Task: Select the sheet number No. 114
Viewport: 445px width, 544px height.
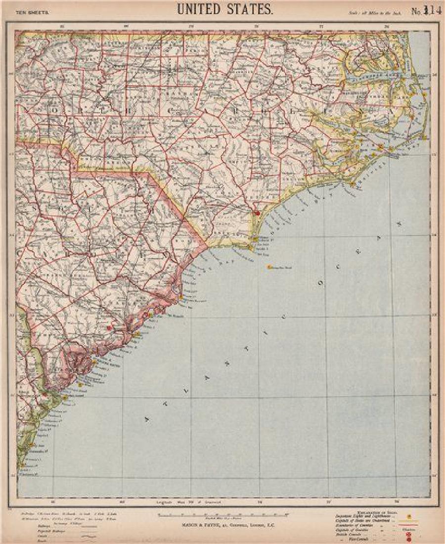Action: coord(425,11)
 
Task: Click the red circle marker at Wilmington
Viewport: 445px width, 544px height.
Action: coord(257,213)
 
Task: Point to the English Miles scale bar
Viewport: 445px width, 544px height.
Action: coord(222,515)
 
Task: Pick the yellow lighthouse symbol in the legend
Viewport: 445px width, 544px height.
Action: coord(409,517)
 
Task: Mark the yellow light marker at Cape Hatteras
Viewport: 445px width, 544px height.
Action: coord(424,137)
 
